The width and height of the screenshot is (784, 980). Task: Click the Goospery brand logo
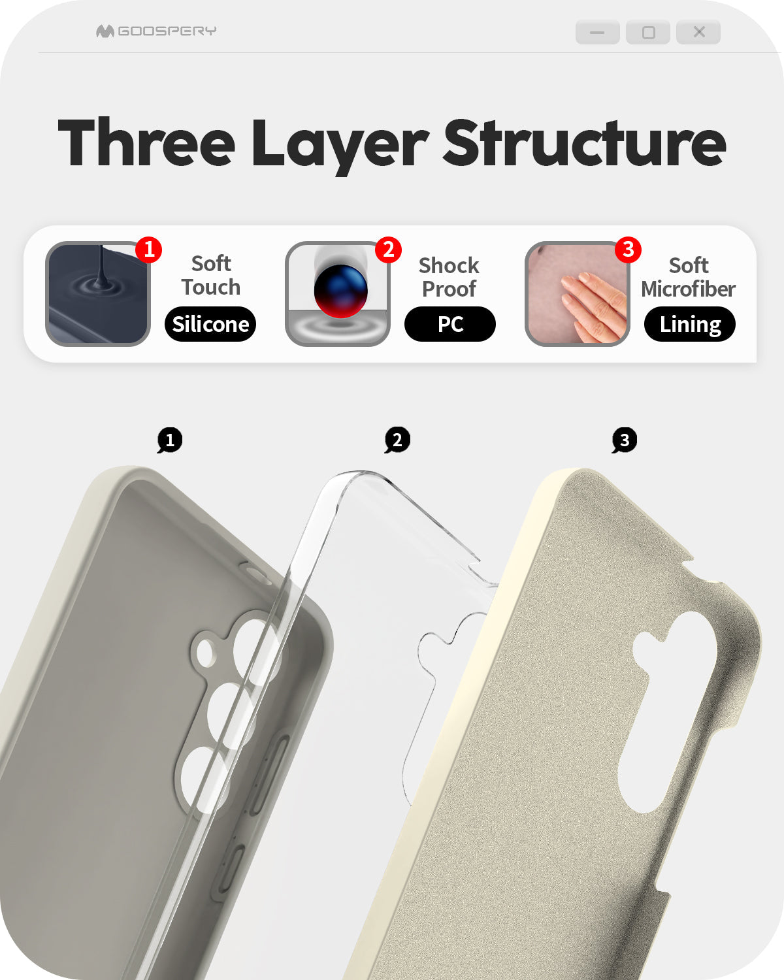156,31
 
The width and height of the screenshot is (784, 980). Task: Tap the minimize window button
597,32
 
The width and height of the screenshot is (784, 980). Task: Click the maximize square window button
648,32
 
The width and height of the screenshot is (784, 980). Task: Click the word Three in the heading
147,142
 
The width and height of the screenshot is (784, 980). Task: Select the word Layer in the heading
340,146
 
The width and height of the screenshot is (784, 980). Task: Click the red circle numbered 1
149,250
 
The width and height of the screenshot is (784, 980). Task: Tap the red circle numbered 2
388,250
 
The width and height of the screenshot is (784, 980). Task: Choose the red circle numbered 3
629,250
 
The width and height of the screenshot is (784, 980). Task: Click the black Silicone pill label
210,324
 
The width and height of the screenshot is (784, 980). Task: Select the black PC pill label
450,324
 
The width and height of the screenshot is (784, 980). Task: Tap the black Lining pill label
690,324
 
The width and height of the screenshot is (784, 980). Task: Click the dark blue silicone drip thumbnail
98,294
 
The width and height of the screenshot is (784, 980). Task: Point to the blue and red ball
340,291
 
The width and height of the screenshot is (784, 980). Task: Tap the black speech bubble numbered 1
170,440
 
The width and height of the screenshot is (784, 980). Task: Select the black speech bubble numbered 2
397,440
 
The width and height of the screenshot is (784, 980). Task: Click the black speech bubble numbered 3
624,440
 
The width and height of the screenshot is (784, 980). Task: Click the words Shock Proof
449,277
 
